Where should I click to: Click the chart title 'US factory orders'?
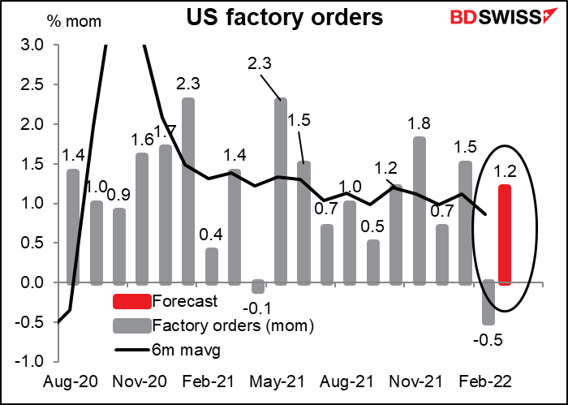point(286,16)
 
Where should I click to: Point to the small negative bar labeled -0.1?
point(259,287)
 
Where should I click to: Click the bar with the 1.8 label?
point(420,209)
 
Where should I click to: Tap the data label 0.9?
point(119,195)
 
